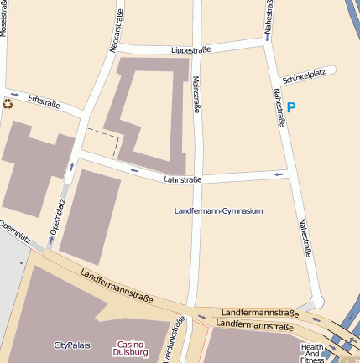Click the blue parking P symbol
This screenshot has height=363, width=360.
[291, 106]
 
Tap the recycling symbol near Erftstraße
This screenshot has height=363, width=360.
[8, 104]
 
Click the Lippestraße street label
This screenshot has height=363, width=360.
[190, 50]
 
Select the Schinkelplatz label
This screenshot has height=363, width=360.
[304, 75]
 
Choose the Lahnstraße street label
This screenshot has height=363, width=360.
[183, 179]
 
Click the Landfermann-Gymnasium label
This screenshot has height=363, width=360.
[218, 210]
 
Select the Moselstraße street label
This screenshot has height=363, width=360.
[4, 17]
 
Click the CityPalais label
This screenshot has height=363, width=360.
[71, 345]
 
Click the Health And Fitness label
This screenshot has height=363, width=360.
[312, 353]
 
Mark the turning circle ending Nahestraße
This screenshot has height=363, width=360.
[316, 301]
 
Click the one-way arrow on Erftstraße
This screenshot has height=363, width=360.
[15, 94]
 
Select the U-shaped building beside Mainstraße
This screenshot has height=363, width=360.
[151, 109]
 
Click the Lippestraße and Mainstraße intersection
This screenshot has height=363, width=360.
[198, 48]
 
